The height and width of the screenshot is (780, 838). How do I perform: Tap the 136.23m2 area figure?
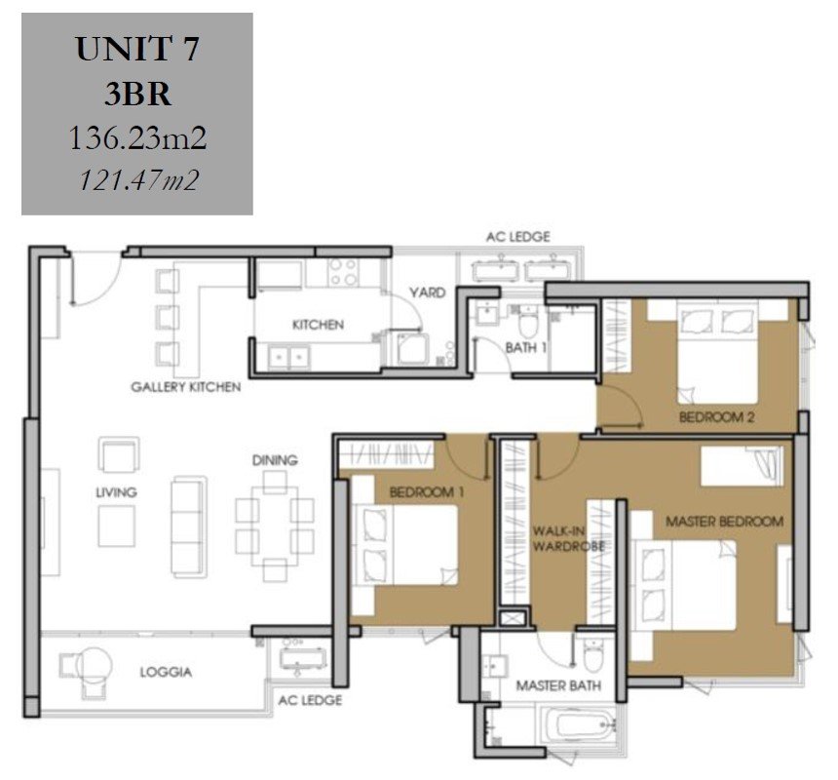click(x=137, y=137)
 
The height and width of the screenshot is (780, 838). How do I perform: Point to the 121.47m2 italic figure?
click(x=138, y=179)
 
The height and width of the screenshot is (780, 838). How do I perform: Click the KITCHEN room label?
click(x=318, y=325)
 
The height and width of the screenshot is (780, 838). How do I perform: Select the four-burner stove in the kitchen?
click(x=343, y=272)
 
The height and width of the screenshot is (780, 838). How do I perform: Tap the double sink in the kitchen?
click(x=288, y=357)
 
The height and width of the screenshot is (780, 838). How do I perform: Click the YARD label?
click(x=427, y=292)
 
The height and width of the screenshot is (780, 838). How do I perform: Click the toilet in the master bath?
click(x=593, y=654)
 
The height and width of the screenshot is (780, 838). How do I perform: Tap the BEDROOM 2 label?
click(x=716, y=417)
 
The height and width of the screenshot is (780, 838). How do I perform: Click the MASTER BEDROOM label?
click(x=724, y=521)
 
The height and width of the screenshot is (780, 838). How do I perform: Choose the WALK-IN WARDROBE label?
click(x=569, y=539)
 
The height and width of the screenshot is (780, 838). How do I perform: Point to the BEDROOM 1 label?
click(x=427, y=491)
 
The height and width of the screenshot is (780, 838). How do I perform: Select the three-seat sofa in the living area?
click(x=189, y=526)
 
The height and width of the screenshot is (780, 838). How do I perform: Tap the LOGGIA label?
click(x=166, y=672)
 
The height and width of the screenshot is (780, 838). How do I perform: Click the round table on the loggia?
click(x=95, y=665)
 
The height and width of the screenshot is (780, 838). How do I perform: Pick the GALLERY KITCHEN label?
click(x=185, y=386)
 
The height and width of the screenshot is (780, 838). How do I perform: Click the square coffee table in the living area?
click(x=117, y=526)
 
